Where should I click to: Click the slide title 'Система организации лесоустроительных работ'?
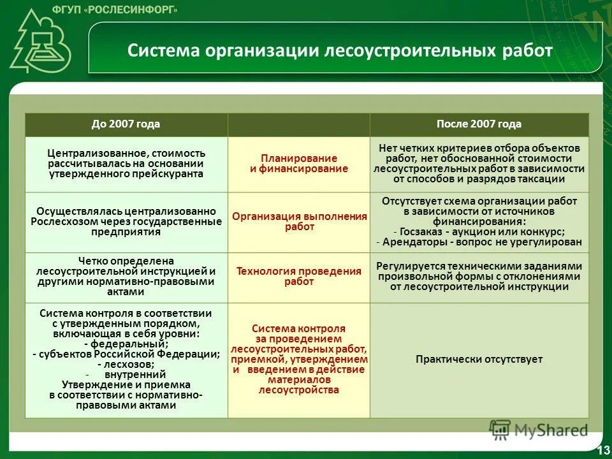[340, 50]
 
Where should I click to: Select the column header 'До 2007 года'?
[126, 124]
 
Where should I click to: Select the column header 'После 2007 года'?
[479, 124]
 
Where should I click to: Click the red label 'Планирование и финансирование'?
[298, 163]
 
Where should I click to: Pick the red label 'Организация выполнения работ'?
[299, 221]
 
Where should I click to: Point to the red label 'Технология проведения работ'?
[299, 276]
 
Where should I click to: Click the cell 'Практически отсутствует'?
[479, 360]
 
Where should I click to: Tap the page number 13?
[602, 451]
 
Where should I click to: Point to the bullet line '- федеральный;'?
[126, 343]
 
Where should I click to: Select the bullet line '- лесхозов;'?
[126, 364]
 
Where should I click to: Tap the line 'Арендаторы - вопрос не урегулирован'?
[479, 242]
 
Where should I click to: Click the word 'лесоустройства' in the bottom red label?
[299, 390]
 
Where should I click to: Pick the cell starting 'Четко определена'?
[126, 276]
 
